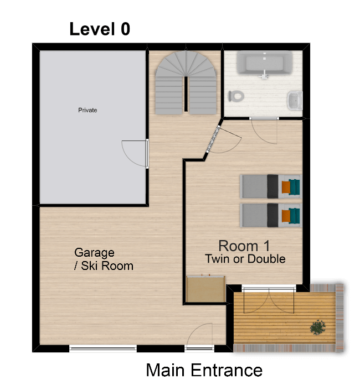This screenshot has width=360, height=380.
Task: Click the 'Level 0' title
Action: (x=100, y=29)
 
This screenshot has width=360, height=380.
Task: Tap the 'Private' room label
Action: (x=88, y=110)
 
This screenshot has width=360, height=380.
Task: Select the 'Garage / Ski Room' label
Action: (x=104, y=259)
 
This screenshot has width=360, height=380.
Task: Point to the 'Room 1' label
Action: (x=244, y=246)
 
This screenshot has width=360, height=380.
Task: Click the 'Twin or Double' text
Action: (x=245, y=259)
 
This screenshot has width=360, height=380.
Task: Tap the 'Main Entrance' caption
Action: (x=204, y=370)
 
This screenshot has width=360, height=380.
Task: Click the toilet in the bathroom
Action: (x=236, y=96)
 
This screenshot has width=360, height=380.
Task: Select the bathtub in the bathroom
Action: (x=264, y=63)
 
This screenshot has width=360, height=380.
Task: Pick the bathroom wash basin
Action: (x=295, y=100)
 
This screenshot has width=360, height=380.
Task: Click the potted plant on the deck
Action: (x=318, y=327)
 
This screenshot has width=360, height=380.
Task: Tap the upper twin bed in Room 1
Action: (x=271, y=186)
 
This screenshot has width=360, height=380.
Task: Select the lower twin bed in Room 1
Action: (x=271, y=215)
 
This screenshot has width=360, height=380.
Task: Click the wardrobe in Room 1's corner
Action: (x=205, y=289)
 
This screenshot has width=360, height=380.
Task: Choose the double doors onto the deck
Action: (x=269, y=300)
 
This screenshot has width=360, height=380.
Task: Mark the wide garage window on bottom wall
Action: (x=103, y=348)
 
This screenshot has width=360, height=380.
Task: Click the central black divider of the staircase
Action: (x=186, y=94)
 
